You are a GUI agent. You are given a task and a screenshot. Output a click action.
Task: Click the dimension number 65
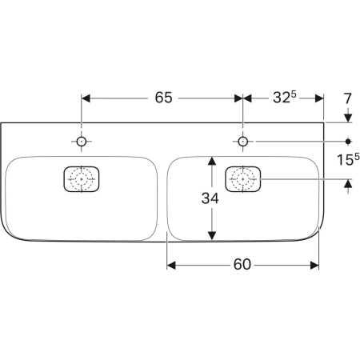click(x=164, y=98)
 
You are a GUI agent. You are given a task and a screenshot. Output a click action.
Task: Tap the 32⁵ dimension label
click(x=285, y=97)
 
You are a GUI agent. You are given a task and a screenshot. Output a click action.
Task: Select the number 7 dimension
click(x=347, y=98)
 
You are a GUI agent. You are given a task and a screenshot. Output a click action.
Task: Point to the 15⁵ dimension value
click(x=348, y=159)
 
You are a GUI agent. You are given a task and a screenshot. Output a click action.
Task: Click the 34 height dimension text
click(x=210, y=198)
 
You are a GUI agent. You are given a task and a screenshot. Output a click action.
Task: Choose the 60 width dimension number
click(x=242, y=265)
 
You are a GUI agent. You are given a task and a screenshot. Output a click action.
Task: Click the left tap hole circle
click(x=82, y=142)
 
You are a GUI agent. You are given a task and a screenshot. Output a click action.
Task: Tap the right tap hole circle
click(x=242, y=142)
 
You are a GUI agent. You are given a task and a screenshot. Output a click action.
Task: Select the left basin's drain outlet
click(x=82, y=179)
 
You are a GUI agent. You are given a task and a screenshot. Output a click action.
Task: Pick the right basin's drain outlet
click(x=242, y=179)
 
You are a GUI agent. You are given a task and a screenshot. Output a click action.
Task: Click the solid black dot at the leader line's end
click(x=348, y=142)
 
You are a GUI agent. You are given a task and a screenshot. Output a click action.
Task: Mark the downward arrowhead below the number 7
click(x=348, y=118)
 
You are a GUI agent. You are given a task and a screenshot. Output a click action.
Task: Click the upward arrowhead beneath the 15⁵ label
click(x=348, y=183)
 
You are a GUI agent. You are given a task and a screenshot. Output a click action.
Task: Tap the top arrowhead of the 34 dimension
click(x=212, y=161)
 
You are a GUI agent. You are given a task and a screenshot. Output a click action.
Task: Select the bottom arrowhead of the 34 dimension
click(x=212, y=236)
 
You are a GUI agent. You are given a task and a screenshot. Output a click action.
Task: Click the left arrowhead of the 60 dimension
click(x=171, y=266)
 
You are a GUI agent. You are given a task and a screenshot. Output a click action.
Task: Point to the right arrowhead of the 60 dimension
click(x=314, y=266)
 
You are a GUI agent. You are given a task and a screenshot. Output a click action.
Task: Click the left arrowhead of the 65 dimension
click(x=86, y=98)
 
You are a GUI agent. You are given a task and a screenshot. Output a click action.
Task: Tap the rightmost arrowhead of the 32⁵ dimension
click(x=319, y=98)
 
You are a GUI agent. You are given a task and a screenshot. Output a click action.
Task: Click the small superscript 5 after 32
click(x=294, y=94)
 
